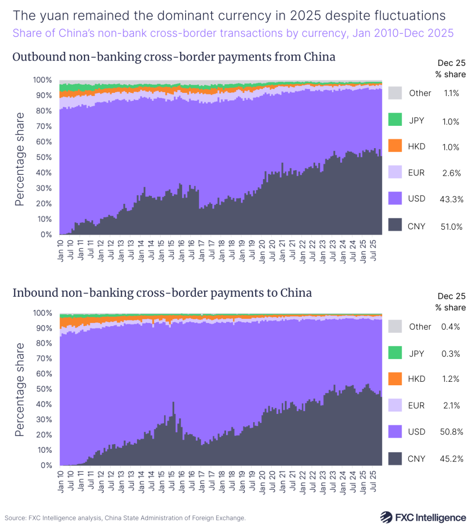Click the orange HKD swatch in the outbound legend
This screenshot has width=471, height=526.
(x=395, y=146)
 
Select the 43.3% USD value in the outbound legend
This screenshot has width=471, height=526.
(x=451, y=199)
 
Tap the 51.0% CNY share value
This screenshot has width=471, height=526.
(x=451, y=227)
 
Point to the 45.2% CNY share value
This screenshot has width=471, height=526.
(x=451, y=459)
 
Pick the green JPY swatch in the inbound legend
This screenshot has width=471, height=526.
(x=395, y=353)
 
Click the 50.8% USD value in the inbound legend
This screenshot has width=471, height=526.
(x=451, y=432)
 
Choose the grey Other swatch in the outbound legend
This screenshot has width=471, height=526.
(x=395, y=93)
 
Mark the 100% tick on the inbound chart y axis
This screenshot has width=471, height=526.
(x=42, y=313)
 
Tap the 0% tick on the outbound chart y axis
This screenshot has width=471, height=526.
(x=46, y=235)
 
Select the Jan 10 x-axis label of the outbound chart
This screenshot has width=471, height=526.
(x=61, y=250)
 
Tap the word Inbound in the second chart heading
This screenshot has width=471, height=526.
(x=35, y=293)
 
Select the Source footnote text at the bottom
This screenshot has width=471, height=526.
(x=125, y=518)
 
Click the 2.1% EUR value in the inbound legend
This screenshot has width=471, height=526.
(x=451, y=405)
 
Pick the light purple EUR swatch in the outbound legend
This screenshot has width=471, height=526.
(x=395, y=172)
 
